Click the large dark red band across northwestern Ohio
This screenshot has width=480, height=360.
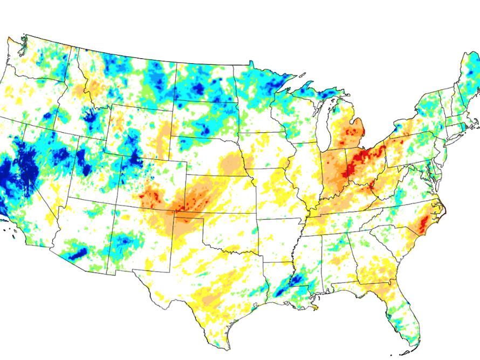pyautogui.click(x=364, y=157)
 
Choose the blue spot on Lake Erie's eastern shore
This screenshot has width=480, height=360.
pyautogui.click(x=399, y=128)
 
